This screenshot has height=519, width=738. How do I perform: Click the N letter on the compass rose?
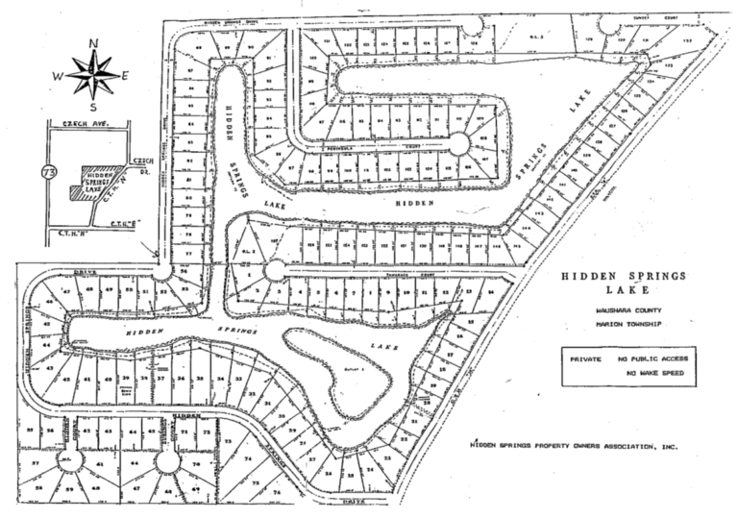click(x=93, y=43)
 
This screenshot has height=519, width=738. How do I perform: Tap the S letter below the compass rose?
click(x=93, y=107)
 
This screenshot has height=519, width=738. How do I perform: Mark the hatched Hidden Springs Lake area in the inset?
click(x=89, y=182)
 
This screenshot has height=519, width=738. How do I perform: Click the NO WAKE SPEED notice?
click(x=657, y=372)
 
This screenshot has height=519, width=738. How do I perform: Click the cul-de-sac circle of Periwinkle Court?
click(x=458, y=144)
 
